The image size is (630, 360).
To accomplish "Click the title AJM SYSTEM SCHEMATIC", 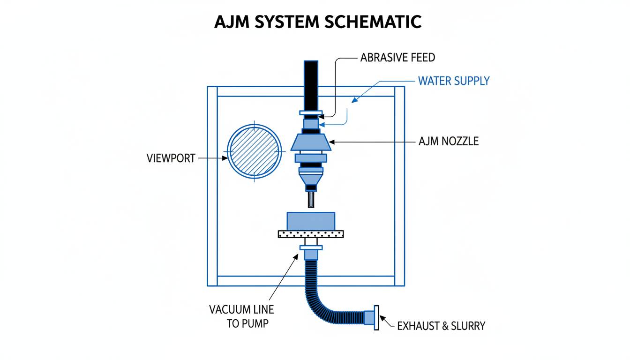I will click(317, 22).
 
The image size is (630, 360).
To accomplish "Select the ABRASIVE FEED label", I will click(397, 58).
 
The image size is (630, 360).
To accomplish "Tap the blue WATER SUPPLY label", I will click(453, 81).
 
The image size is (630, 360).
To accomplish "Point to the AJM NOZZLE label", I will click(448, 141).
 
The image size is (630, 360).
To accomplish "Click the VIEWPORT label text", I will click(171, 158).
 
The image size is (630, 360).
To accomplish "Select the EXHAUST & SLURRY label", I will click(441, 326).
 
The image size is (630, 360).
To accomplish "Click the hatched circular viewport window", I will click(254, 152).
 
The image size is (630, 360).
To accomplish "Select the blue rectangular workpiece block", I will click(311, 221).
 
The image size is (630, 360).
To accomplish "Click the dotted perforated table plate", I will click(311, 233).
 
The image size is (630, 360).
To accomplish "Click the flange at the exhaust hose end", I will click(375, 318).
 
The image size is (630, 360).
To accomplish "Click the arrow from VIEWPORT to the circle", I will click(213, 158).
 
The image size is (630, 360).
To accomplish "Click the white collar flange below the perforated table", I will click(311, 247).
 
